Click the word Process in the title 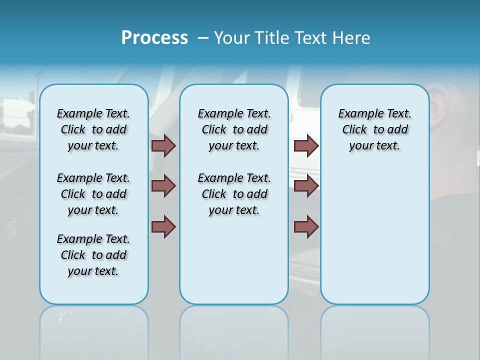click(154, 38)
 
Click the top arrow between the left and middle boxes click(163, 145)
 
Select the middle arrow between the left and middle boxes click(163, 186)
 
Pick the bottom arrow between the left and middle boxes click(163, 226)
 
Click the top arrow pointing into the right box click(306, 145)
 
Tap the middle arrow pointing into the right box click(306, 186)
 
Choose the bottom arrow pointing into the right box click(306, 226)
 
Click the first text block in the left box click(93, 129)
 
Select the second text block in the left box click(93, 194)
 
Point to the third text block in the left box click(93, 255)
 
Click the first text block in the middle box click(234, 129)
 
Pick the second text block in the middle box click(234, 194)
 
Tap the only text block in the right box click(374, 129)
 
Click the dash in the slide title click(203, 38)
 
